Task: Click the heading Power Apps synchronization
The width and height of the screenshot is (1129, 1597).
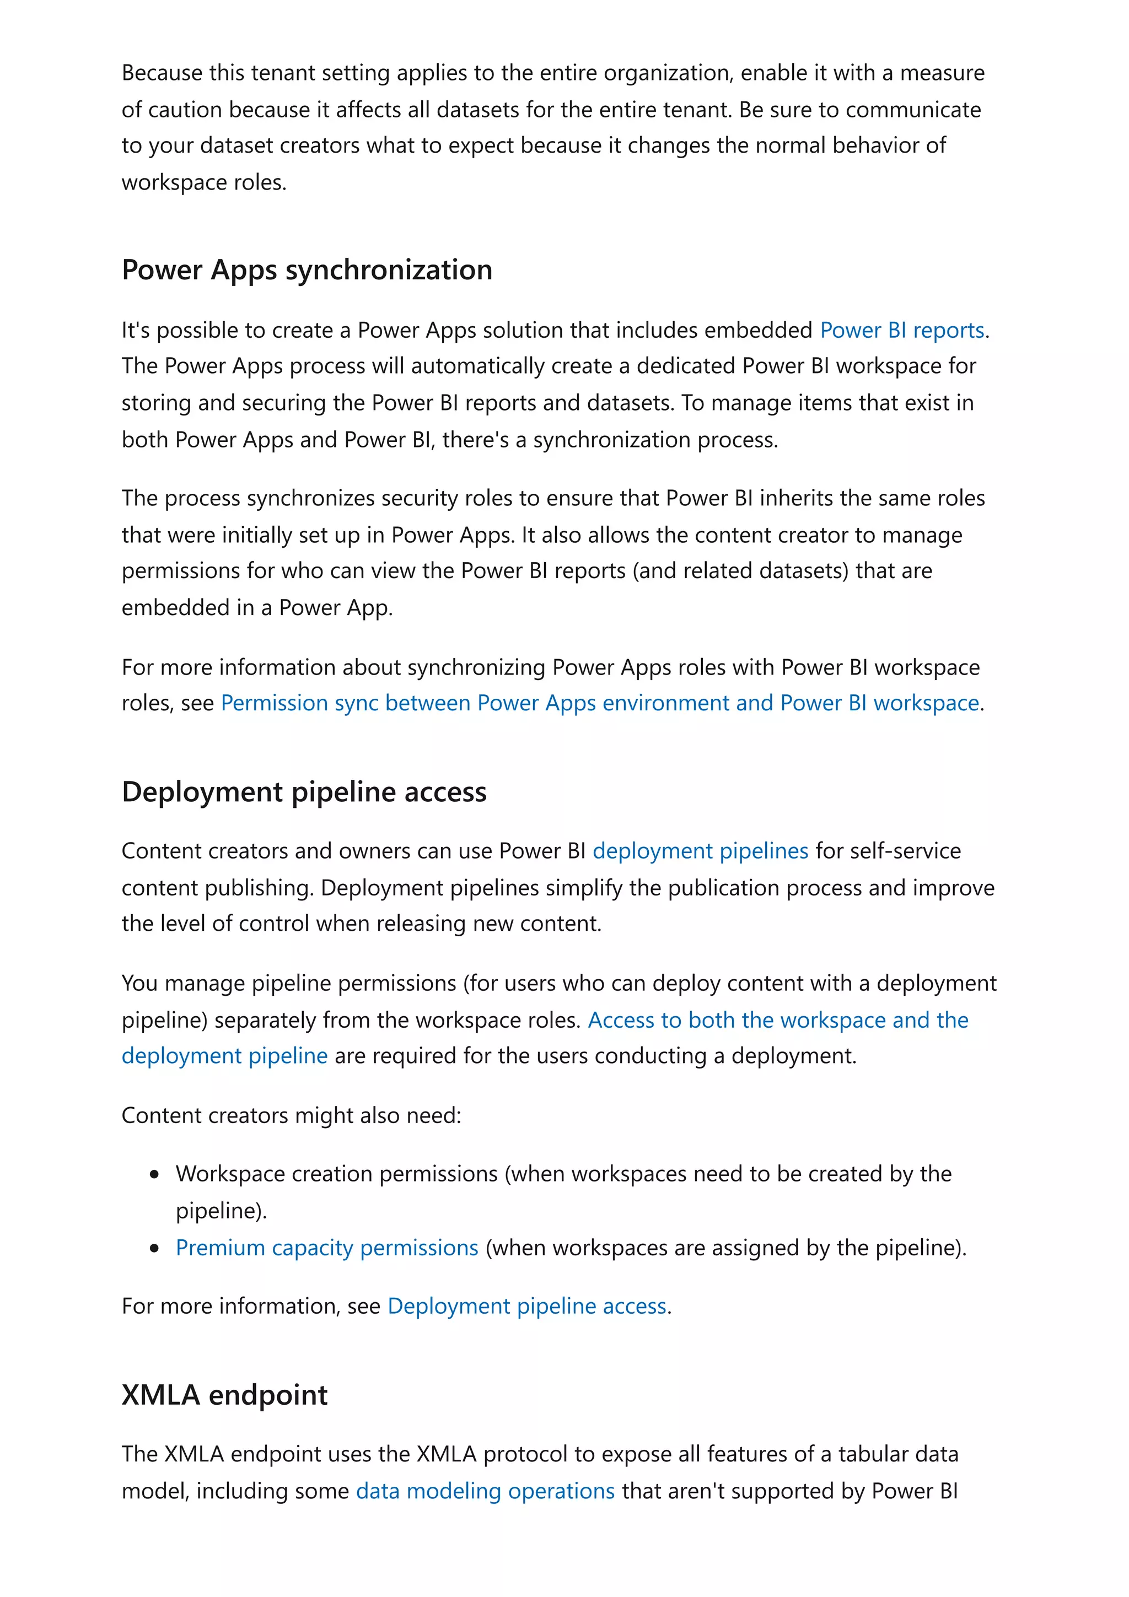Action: [x=307, y=270]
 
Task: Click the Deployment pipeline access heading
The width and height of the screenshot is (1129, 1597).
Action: [x=304, y=792]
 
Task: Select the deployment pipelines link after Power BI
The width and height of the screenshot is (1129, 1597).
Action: [x=700, y=851]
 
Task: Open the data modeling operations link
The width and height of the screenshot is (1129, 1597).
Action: [x=485, y=1491]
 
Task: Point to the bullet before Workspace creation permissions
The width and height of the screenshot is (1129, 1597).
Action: [x=154, y=1175]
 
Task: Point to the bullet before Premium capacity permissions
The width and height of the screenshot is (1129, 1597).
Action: [x=154, y=1249]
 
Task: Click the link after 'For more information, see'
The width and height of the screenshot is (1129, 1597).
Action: [x=526, y=1305]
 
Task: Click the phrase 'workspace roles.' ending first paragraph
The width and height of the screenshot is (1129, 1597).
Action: [x=204, y=182]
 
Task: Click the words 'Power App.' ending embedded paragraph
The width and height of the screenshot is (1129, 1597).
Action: [x=335, y=607]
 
